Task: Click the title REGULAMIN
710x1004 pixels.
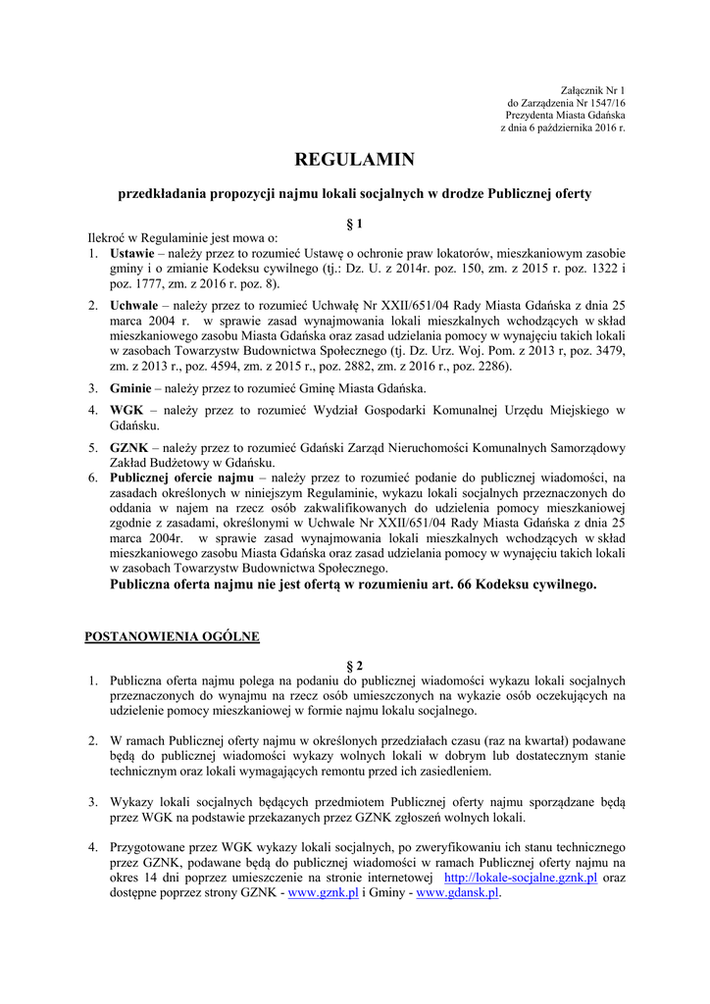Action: click(x=355, y=159)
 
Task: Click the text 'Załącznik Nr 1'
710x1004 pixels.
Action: click(x=592, y=89)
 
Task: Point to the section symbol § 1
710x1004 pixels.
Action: click(x=355, y=224)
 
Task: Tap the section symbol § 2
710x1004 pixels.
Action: click(x=355, y=665)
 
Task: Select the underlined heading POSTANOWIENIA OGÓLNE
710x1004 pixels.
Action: click(x=172, y=636)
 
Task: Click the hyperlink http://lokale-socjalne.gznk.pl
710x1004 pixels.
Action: click(x=521, y=878)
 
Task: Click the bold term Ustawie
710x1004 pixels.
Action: click(x=132, y=253)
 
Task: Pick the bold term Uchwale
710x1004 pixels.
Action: click(x=134, y=306)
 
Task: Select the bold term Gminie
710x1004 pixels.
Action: click(x=131, y=388)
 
